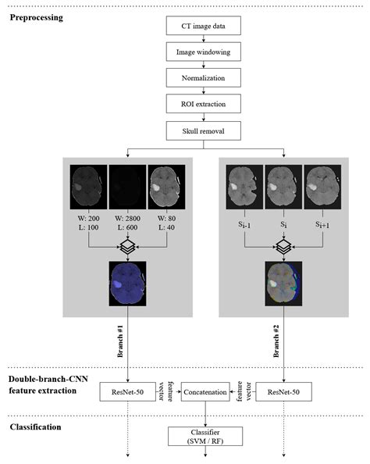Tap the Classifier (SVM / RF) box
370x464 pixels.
click(x=206, y=435)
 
